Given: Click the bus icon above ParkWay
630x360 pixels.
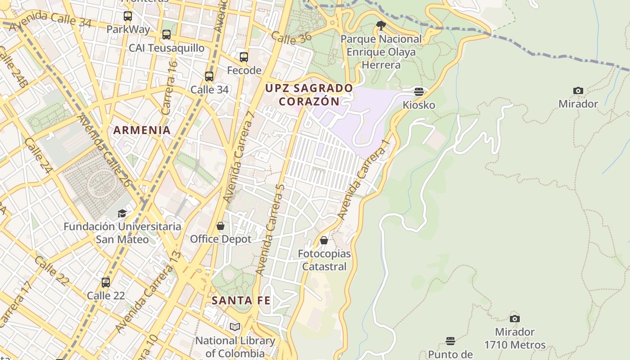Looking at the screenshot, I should tap(128, 17).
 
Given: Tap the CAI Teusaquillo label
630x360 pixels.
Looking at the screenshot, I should tap(166, 48).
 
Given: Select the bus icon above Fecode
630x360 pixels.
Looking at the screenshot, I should tap(244, 57).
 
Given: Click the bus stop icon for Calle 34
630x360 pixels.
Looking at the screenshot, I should tap(209, 76).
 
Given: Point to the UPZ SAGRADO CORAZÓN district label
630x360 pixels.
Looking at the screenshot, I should tap(309, 94).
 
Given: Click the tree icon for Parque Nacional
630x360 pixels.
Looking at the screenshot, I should tap(381, 26).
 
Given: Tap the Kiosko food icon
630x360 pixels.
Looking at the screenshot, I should tap(419, 92).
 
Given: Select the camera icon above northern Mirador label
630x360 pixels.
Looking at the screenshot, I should tap(578, 91).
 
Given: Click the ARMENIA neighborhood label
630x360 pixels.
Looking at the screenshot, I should tap(142, 130).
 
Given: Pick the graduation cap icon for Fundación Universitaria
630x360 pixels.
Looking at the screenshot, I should tap(122, 213).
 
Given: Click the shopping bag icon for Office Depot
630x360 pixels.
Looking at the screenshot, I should tap(220, 226).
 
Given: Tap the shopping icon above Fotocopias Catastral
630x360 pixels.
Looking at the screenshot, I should tap(324, 241).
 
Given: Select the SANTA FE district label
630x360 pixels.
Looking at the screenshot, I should tap(241, 300).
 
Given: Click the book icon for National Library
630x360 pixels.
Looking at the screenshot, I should tap(235, 327).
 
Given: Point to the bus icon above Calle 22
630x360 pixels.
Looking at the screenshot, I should tap(106, 283).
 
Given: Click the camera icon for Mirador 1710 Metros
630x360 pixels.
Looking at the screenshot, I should tap(515, 319).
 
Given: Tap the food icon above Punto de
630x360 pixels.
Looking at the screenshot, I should tap(450, 341).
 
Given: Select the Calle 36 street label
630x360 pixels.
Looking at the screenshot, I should tap(291, 38).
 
